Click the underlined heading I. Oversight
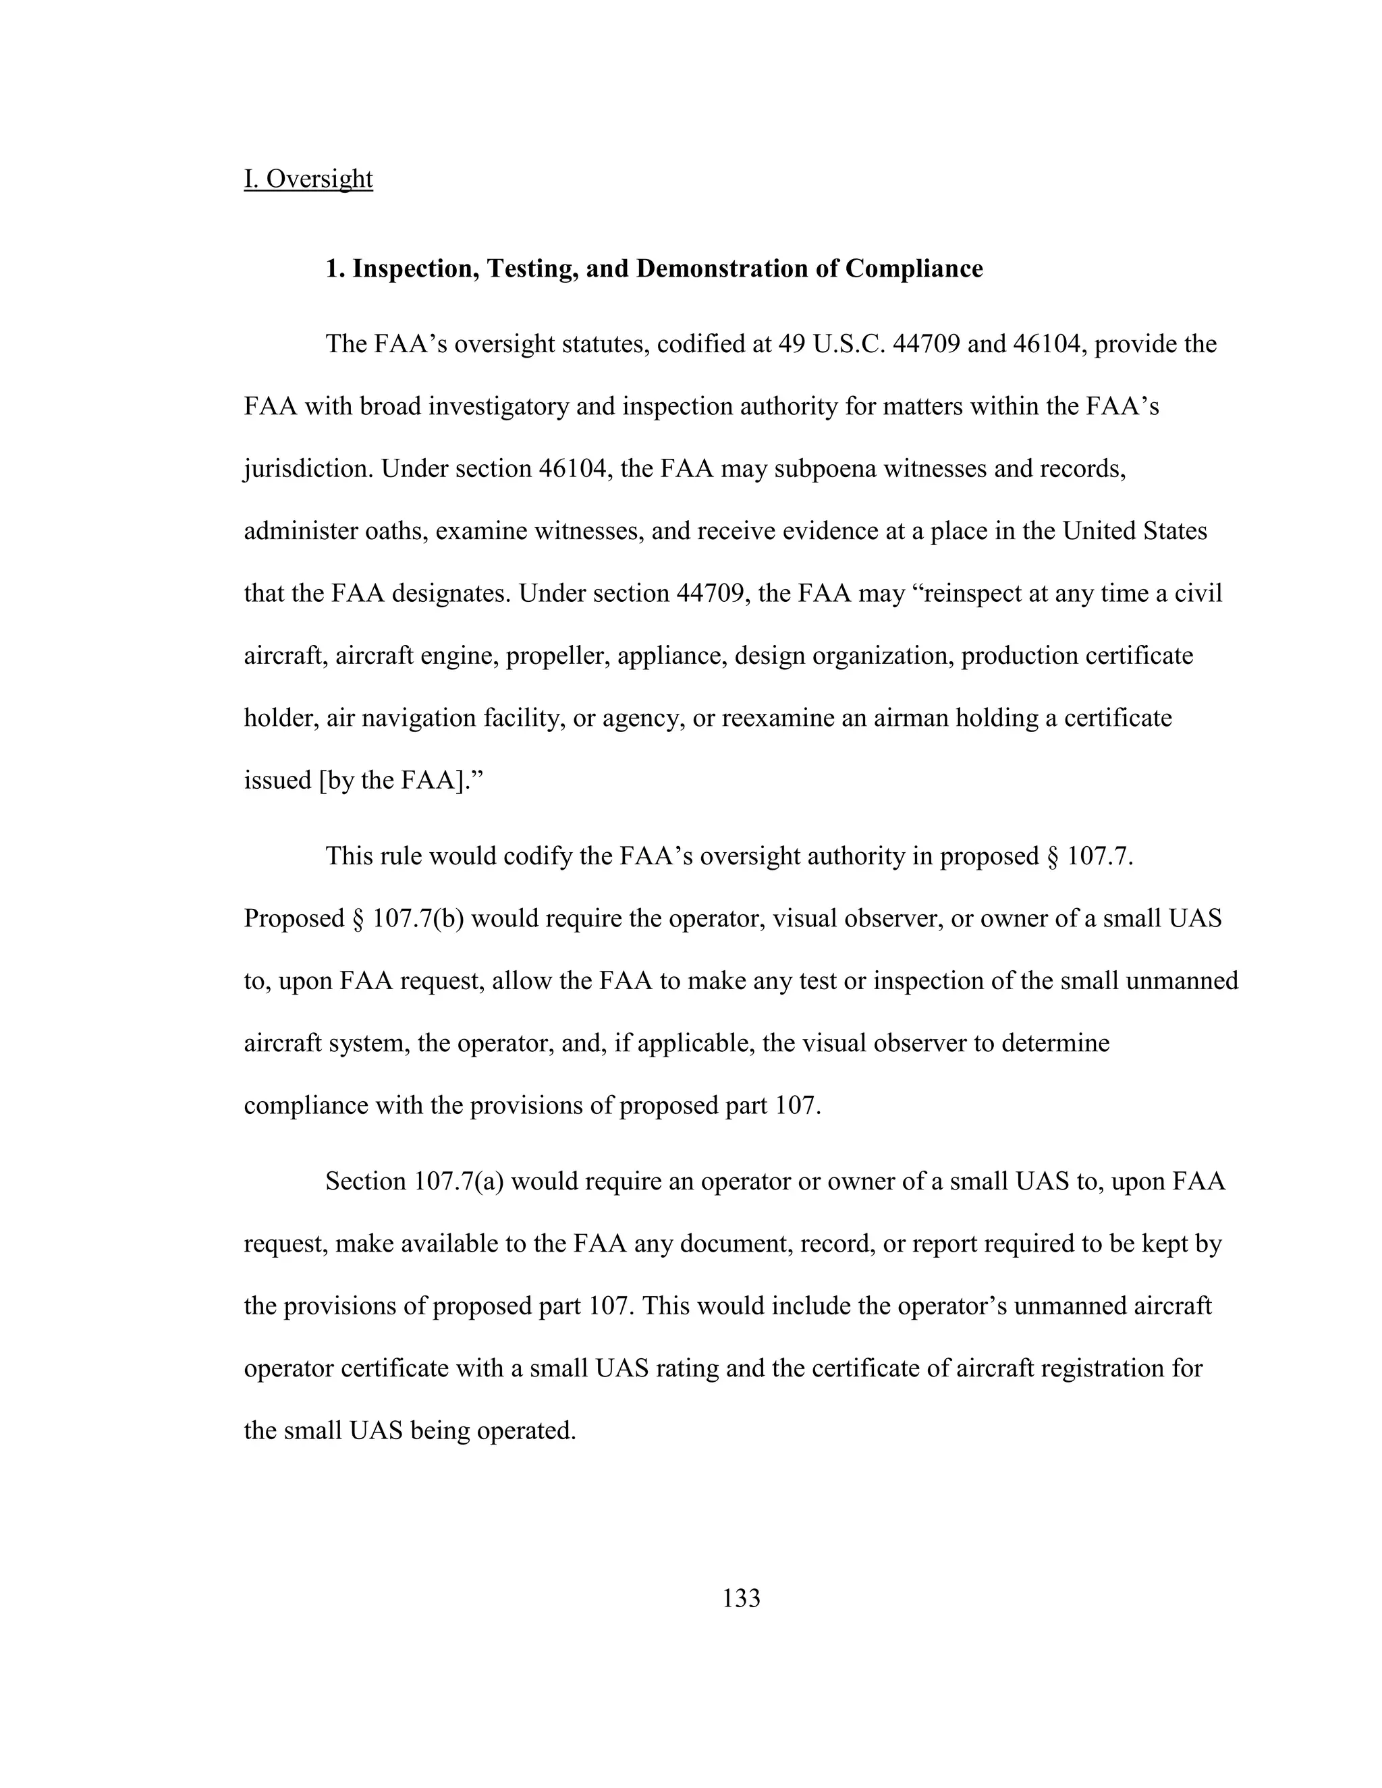click(308, 179)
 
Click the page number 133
click(741, 1597)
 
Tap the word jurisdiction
click(308, 469)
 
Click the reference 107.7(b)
click(418, 918)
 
